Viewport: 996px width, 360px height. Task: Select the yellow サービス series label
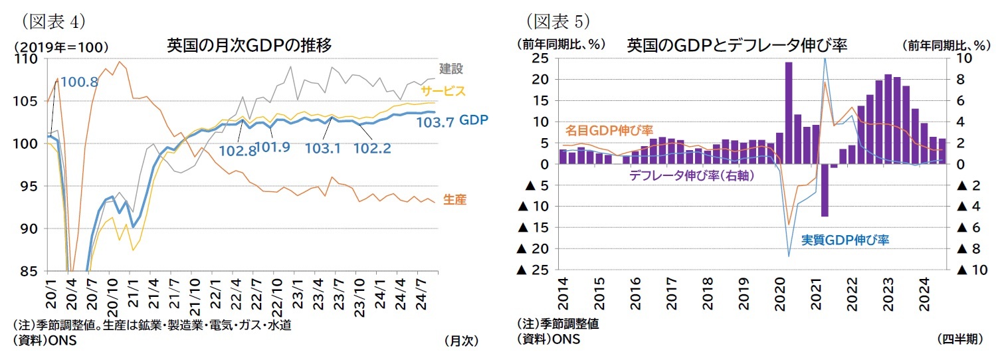(x=443, y=91)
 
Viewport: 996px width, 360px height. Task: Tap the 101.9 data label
(x=272, y=147)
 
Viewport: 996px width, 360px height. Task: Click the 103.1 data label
(x=323, y=147)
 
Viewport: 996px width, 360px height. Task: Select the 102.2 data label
(x=372, y=147)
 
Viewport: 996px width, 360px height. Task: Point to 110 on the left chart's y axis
(x=29, y=59)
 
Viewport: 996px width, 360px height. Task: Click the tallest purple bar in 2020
(x=789, y=113)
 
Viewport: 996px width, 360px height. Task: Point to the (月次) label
(x=460, y=340)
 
